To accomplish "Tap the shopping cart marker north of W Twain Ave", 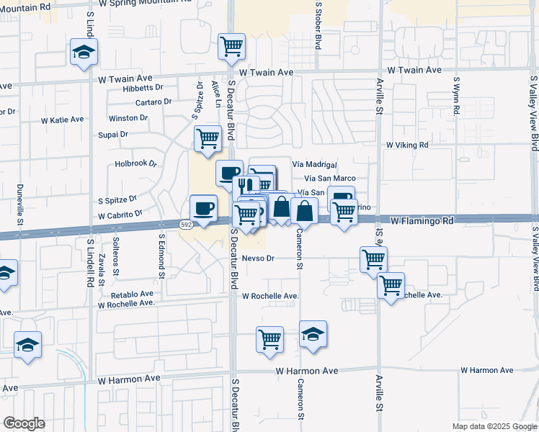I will pos(231,48).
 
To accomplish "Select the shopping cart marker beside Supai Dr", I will pos(208,138).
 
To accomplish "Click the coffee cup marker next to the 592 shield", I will pos(203,209).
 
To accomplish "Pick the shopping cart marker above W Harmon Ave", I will pos(269,338).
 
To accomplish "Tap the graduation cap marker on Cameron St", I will pos(313,335).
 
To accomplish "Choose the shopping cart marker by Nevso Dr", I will pos(373,258).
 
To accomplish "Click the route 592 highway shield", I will pos(185,225).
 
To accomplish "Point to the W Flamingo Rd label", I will pos(422,220).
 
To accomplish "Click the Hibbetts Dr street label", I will pos(143,87).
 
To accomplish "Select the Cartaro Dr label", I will pos(153,102).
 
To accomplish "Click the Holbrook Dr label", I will pos(135,163).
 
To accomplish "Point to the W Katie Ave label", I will pos(62,120).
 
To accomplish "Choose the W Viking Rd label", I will pos(407,145).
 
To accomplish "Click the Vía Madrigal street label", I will pos(315,164).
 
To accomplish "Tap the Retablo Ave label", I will pos(132,294).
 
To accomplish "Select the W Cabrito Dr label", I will pos(120,215).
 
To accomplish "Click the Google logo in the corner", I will pos(24,423).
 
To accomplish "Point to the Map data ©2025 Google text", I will pos(494,426).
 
